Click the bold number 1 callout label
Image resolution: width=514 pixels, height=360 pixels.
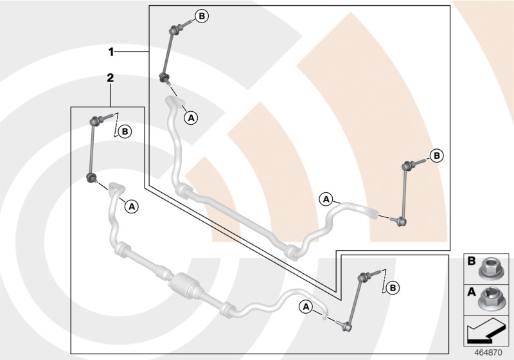click(x=111, y=50)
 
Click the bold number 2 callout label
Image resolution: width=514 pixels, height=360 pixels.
click(x=111, y=77)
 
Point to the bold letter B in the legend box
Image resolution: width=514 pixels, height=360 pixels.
click(x=471, y=262)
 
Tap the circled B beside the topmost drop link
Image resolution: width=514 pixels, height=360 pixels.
click(x=201, y=16)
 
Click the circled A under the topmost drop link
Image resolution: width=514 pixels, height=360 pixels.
click(x=190, y=117)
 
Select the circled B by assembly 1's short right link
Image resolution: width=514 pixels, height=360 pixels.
click(x=436, y=155)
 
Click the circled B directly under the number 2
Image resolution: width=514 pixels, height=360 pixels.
click(x=125, y=132)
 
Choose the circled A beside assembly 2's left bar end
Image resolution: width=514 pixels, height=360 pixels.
click(x=131, y=206)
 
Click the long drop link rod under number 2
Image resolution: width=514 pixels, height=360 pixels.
click(x=93, y=148)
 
